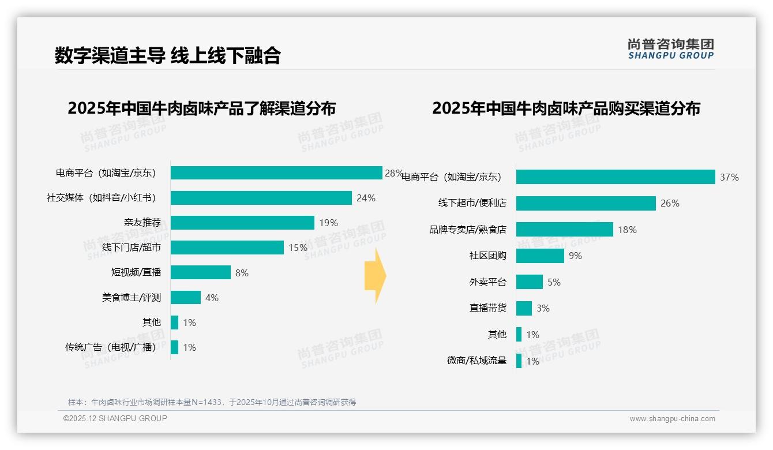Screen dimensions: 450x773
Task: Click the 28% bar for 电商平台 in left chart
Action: click(x=276, y=173)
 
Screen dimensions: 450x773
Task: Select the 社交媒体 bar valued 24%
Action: click(x=261, y=198)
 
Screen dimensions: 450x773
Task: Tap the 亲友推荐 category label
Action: click(x=142, y=223)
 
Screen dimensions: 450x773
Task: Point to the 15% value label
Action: click(x=298, y=247)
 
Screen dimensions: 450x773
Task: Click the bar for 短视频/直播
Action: click(x=200, y=272)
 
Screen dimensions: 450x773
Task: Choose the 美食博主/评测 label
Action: click(x=132, y=298)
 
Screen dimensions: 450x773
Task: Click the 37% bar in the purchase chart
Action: click(x=615, y=177)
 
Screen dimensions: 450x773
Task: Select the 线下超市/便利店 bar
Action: click(x=586, y=203)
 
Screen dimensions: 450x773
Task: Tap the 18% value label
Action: click(x=627, y=230)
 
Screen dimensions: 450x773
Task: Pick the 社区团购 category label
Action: click(x=487, y=256)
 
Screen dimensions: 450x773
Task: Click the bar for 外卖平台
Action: click(x=529, y=282)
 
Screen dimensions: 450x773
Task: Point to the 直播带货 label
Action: click(x=487, y=308)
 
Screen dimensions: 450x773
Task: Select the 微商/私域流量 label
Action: click(x=476, y=361)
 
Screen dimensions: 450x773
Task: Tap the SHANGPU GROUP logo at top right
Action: click(x=670, y=49)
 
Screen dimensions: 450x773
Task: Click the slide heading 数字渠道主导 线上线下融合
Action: click(x=167, y=55)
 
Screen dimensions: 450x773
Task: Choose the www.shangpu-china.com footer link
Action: click(x=672, y=419)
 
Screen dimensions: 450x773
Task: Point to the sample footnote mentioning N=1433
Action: click(x=212, y=402)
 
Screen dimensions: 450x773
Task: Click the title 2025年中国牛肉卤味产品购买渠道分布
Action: click(x=566, y=108)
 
